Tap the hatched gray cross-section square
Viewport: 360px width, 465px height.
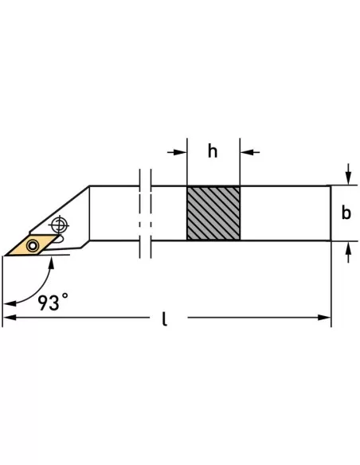(213, 213)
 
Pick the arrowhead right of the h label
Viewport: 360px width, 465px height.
(246, 150)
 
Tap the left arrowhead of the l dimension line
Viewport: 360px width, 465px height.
(10, 318)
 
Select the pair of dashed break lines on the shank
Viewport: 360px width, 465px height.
(144, 213)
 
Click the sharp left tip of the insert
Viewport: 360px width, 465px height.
(6, 256)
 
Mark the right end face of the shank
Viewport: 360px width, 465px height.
(330, 213)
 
